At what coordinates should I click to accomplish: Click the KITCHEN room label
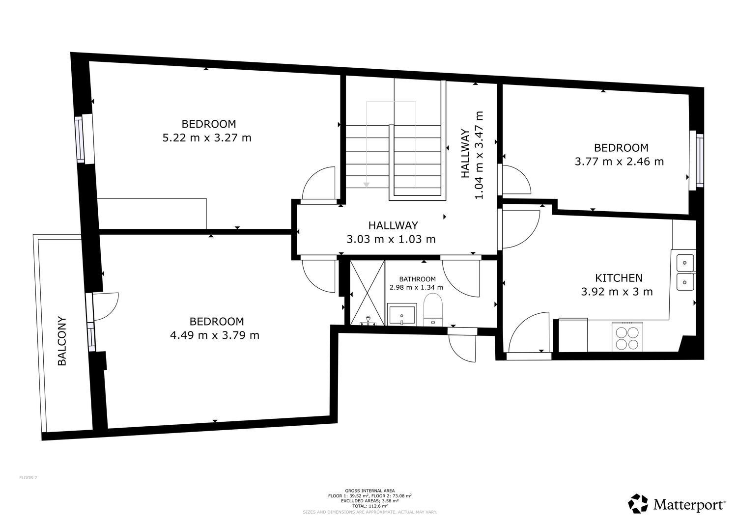point(619,278)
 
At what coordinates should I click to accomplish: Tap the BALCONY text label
point(62,341)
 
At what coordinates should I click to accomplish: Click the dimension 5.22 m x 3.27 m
point(207,138)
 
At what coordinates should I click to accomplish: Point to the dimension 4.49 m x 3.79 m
point(215,336)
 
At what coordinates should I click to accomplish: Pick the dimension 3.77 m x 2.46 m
point(619,162)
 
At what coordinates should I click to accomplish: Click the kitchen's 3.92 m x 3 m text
point(617,292)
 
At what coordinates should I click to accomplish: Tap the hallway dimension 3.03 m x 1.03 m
point(391,240)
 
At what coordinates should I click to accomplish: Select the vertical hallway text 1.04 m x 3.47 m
point(479,155)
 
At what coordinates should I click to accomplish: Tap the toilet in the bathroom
point(433,310)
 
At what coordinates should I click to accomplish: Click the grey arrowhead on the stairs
point(366,185)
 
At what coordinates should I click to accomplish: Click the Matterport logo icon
point(638,504)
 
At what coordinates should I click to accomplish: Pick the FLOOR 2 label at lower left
point(28,477)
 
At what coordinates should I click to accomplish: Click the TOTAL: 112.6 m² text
point(369,506)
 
